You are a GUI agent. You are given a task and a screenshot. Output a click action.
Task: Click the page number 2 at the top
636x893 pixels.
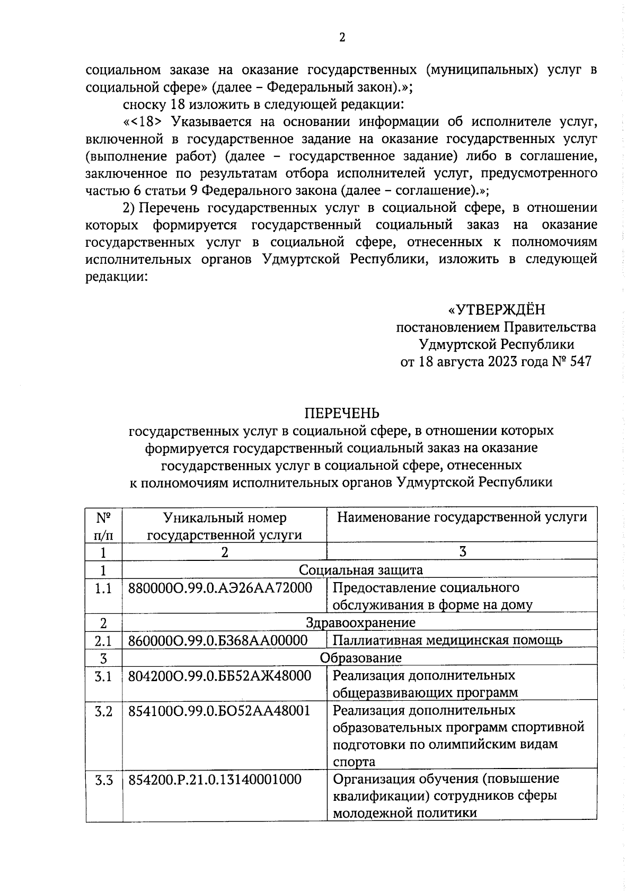pos(341,38)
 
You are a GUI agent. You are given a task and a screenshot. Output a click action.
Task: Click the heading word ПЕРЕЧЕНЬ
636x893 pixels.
pos(341,413)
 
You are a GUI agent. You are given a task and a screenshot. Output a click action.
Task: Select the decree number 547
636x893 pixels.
pos(579,362)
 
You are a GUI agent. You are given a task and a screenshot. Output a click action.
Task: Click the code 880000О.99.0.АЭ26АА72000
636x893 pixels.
pos(220,588)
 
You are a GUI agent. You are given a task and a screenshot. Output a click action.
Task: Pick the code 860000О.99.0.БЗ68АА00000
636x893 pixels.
pos(218,641)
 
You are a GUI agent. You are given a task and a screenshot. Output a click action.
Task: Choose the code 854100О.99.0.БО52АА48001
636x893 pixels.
pos(219,711)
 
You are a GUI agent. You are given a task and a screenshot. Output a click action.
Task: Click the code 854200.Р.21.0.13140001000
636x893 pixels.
pos(215,780)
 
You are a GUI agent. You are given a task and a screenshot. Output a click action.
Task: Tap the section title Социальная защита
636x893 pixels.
pos(360,570)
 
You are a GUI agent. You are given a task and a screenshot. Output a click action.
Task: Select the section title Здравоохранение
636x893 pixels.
pos(360,622)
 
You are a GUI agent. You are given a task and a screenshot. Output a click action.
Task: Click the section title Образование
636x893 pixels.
pos(360,658)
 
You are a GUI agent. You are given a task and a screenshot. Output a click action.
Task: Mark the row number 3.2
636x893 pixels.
pos(103,711)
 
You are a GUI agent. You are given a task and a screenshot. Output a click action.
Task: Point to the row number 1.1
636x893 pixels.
pos(103,588)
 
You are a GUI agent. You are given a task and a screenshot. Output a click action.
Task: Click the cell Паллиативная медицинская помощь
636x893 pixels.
pos(447,640)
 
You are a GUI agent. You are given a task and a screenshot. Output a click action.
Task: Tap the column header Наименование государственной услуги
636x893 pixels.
pos(462,517)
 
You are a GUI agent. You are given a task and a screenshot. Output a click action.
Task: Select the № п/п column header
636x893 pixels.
pos(103,525)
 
